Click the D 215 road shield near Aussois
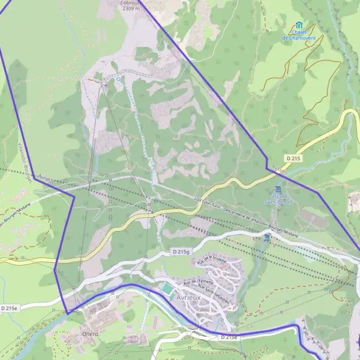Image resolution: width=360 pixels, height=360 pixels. click(292, 158)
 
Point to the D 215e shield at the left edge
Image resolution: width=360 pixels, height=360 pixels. click(9, 308)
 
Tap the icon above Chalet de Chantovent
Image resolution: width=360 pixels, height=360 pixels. click(299, 25)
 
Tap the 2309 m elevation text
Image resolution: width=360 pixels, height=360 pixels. click(130, 9)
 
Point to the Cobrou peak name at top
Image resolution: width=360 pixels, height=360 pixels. click(130, 2)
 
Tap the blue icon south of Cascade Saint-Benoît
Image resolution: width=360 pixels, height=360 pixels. click(266, 238)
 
